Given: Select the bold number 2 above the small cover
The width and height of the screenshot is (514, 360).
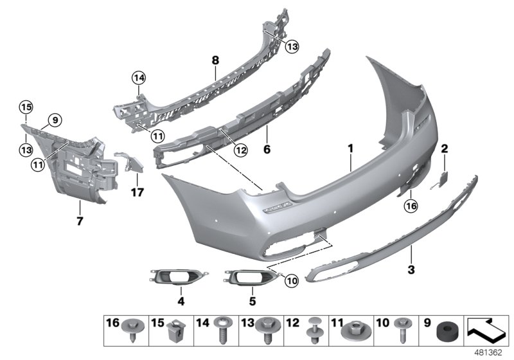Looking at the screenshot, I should point(444,148).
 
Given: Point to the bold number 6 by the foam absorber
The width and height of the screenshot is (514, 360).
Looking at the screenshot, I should point(267,150).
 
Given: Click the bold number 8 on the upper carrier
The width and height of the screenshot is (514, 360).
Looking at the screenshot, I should point(215,61).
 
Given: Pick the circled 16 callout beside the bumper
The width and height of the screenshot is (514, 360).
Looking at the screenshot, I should point(411,206).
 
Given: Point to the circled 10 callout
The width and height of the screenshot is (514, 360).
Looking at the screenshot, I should point(291,280).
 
